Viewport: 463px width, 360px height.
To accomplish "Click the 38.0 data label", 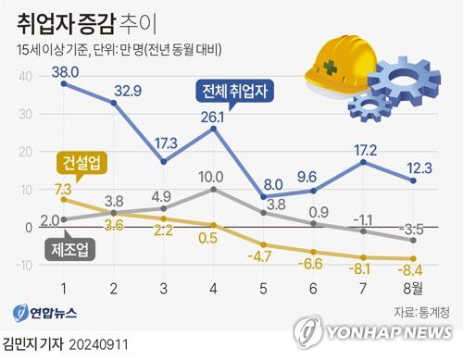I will [63, 69].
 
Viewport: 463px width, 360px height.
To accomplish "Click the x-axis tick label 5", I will [263, 288].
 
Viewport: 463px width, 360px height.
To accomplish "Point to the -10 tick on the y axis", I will [21, 266].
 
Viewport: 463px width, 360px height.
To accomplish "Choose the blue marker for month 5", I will [263, 196].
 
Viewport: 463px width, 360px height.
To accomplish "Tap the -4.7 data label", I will [263, 255].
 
